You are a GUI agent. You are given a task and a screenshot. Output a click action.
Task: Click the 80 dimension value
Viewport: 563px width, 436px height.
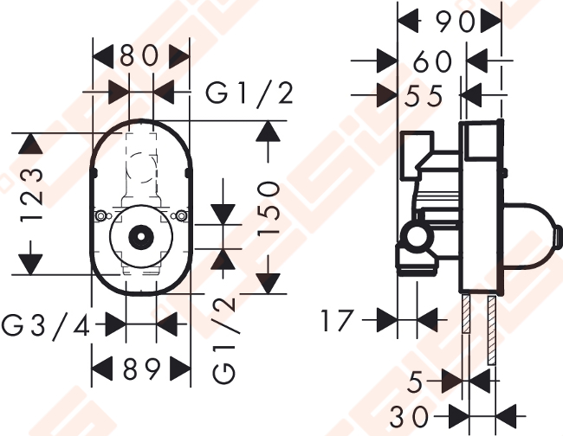click(139, 56)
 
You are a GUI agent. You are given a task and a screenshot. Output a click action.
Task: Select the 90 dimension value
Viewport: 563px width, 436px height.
click(456, 22)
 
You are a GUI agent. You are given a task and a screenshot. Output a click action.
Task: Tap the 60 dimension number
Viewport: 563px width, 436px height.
click(433, 61)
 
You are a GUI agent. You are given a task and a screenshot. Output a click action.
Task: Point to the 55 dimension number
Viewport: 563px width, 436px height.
click(424, 96)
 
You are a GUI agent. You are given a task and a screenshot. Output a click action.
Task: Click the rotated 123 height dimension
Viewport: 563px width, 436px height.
click(31, 195)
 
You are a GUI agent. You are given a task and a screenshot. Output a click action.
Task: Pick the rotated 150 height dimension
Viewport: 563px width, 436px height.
click(269, 208)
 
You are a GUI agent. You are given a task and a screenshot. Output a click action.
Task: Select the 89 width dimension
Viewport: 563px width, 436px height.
click(141, 369)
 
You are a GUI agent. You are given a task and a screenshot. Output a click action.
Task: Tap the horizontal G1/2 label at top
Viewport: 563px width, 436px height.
click(249, 94)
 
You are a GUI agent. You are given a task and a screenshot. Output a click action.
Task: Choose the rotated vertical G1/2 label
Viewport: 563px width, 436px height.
click(225, 341)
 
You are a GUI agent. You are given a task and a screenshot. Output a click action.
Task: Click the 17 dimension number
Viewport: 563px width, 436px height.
click(337, 321)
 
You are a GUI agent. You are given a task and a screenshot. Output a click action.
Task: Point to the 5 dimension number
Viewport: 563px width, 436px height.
click(415, 381)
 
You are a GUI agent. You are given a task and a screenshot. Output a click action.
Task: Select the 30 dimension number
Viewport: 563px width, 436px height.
click(409, 417)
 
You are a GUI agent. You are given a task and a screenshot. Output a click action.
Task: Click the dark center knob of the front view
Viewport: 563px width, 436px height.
click(141, 237)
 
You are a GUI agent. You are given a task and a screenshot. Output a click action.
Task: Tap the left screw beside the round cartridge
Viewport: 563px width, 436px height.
click(100, 216)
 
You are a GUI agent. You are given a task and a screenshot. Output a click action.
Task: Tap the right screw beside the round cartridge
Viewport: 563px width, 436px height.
click(181, 216)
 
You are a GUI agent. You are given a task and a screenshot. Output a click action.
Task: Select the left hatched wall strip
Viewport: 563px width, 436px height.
click(466, 313)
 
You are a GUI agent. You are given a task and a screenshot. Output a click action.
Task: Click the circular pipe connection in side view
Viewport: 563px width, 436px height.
click(417, 237)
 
